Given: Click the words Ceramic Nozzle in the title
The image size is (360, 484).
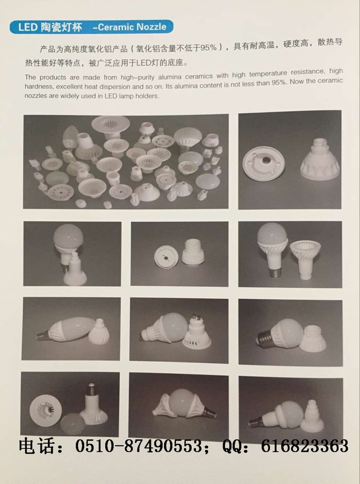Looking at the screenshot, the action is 132,27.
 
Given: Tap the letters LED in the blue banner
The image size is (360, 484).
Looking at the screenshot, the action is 28,27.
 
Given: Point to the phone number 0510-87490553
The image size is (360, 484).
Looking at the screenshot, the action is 139,446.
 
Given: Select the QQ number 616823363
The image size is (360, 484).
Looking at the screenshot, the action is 305,446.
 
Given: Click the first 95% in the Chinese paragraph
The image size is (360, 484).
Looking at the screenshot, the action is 208,48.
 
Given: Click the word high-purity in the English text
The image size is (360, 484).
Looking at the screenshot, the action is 137,77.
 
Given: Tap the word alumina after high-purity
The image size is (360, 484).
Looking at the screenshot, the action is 169,77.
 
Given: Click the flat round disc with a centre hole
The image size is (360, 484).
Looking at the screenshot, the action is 263,163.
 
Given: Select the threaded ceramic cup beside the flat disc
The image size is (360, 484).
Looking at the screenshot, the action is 320,160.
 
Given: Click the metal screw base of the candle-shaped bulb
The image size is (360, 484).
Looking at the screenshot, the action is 42,336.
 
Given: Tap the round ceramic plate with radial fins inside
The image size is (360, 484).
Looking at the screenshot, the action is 45,411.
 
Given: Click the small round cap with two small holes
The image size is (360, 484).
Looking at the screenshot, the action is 166,257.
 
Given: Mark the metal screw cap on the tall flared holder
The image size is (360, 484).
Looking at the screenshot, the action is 91,390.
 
